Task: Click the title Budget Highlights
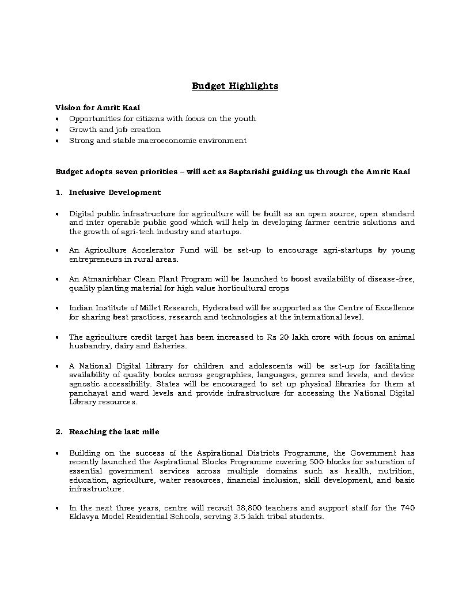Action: (235, 86)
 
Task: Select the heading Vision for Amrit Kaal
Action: (97, 108)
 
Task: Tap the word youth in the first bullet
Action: (245, 119)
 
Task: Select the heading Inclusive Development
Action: (115, 193)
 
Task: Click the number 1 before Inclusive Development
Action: (58, 193)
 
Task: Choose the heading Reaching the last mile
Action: (114, 432)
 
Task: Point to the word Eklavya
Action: (83, 517)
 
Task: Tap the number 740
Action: (407, 508)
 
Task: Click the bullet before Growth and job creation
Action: (58, 130)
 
